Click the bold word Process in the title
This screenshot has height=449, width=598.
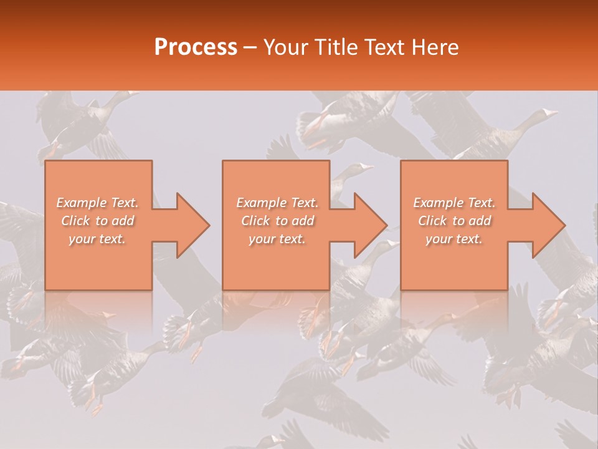pyautogui.click(x=196, y=47)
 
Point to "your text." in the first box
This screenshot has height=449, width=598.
pyautogui.click(x=97, y=239)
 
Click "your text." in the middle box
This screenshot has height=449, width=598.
pyautogui.click(x=277, y=239)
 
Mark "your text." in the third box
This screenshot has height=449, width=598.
pyautogui.click(x=453, y=239)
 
